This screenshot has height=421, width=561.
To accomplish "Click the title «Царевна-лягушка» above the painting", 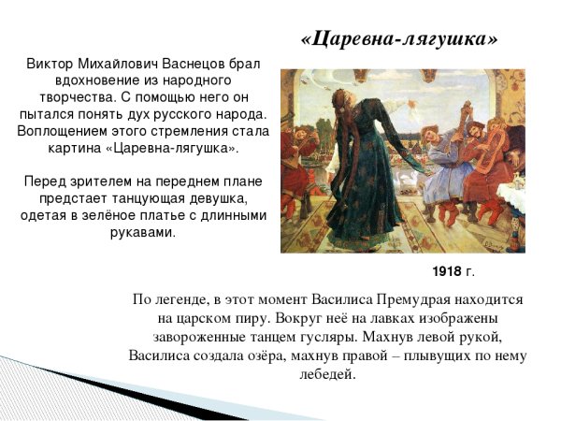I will point(399,39).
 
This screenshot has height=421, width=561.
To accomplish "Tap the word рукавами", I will point(144,232).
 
